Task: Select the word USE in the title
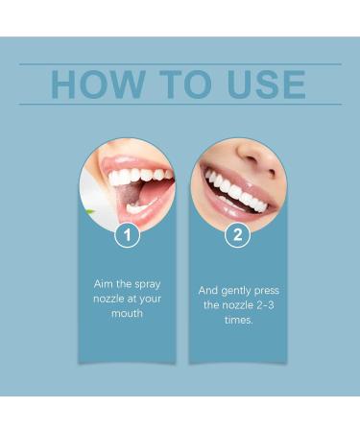(264, 84)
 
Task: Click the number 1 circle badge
(127, 234)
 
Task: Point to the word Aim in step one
(101, 285)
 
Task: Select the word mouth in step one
(127, 313)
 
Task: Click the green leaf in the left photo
(89, 209)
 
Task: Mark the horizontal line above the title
(180, 64)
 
